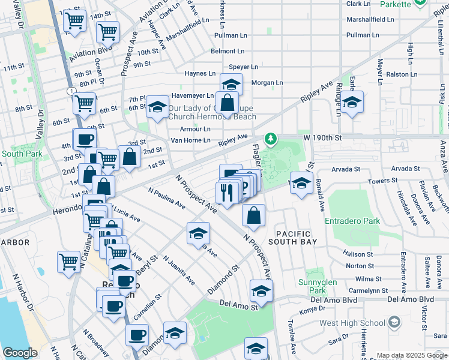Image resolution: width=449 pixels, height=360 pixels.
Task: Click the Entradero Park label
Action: [352, 221]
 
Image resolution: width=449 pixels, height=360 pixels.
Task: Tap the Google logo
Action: [20, 353]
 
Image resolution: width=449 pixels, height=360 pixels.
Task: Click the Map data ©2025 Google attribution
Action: [411, 355]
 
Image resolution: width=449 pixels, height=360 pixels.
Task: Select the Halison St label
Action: [360, 254]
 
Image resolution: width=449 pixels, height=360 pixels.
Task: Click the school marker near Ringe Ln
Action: [353, 102]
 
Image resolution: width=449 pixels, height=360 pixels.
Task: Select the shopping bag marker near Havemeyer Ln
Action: [228, 103]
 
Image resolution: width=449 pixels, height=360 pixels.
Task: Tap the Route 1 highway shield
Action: [71, 91]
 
